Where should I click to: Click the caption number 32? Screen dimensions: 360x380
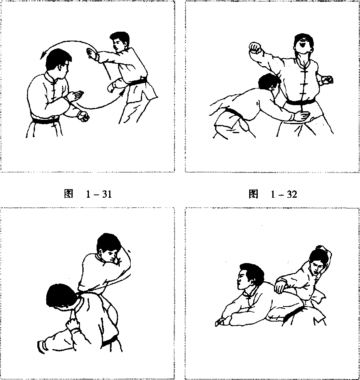tap(292, 194)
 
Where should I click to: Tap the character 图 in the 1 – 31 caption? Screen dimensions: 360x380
tap(69, 194)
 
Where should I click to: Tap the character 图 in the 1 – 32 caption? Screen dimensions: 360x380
tap(253, 194)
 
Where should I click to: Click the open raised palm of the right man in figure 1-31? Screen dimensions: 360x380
tap(91, 54)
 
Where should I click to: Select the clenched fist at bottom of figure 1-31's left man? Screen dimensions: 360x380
tap(84, 117)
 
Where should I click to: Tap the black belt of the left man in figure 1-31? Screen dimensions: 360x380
tap(45, 121)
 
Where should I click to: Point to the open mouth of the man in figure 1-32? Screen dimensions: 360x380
tap(302, 45)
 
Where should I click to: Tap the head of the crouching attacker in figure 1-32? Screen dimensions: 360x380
tap(268, 83)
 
